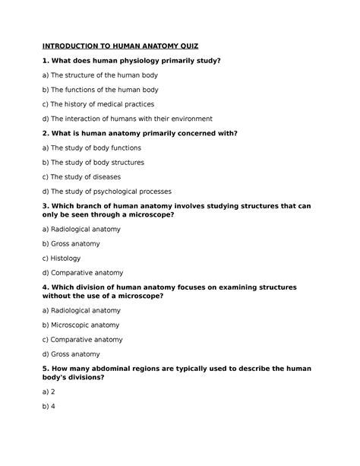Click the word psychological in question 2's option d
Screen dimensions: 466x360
pos(128,192)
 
